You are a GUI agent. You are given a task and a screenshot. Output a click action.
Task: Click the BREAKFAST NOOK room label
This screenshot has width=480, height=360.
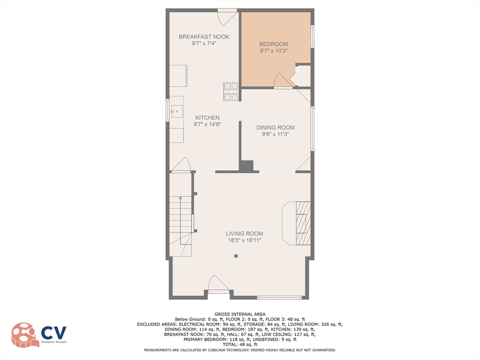204,37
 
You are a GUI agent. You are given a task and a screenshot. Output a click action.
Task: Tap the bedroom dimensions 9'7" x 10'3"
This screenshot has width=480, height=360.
273,51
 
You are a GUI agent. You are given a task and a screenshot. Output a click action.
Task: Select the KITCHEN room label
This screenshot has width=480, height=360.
207,118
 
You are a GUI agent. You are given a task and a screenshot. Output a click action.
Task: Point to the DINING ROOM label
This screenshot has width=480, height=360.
275,127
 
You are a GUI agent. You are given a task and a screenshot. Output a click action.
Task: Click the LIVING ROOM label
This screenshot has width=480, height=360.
244,233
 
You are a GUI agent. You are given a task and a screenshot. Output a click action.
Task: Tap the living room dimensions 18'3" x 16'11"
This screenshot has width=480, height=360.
244,240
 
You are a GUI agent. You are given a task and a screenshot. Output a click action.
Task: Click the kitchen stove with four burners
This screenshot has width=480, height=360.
230,91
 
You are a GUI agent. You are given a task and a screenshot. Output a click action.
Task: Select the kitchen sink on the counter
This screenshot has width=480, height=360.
177,112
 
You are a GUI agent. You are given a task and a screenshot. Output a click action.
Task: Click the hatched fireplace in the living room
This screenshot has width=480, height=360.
303,223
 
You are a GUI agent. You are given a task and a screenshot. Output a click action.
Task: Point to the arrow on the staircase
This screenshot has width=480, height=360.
180,199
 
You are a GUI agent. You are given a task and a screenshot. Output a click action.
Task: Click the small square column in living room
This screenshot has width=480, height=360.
236,256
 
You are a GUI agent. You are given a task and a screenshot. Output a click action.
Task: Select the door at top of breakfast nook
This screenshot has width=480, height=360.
227,18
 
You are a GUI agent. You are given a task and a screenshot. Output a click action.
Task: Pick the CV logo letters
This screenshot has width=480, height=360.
54,333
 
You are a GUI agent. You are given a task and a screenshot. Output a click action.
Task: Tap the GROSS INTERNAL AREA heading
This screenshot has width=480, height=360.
240,314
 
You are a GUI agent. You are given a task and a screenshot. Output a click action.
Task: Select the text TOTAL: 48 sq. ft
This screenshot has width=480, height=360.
240,345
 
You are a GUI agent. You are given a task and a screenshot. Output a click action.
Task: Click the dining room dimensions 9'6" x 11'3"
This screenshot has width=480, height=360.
275,134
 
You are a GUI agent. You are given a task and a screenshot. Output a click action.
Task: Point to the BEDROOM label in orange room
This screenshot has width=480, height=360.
273,44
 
